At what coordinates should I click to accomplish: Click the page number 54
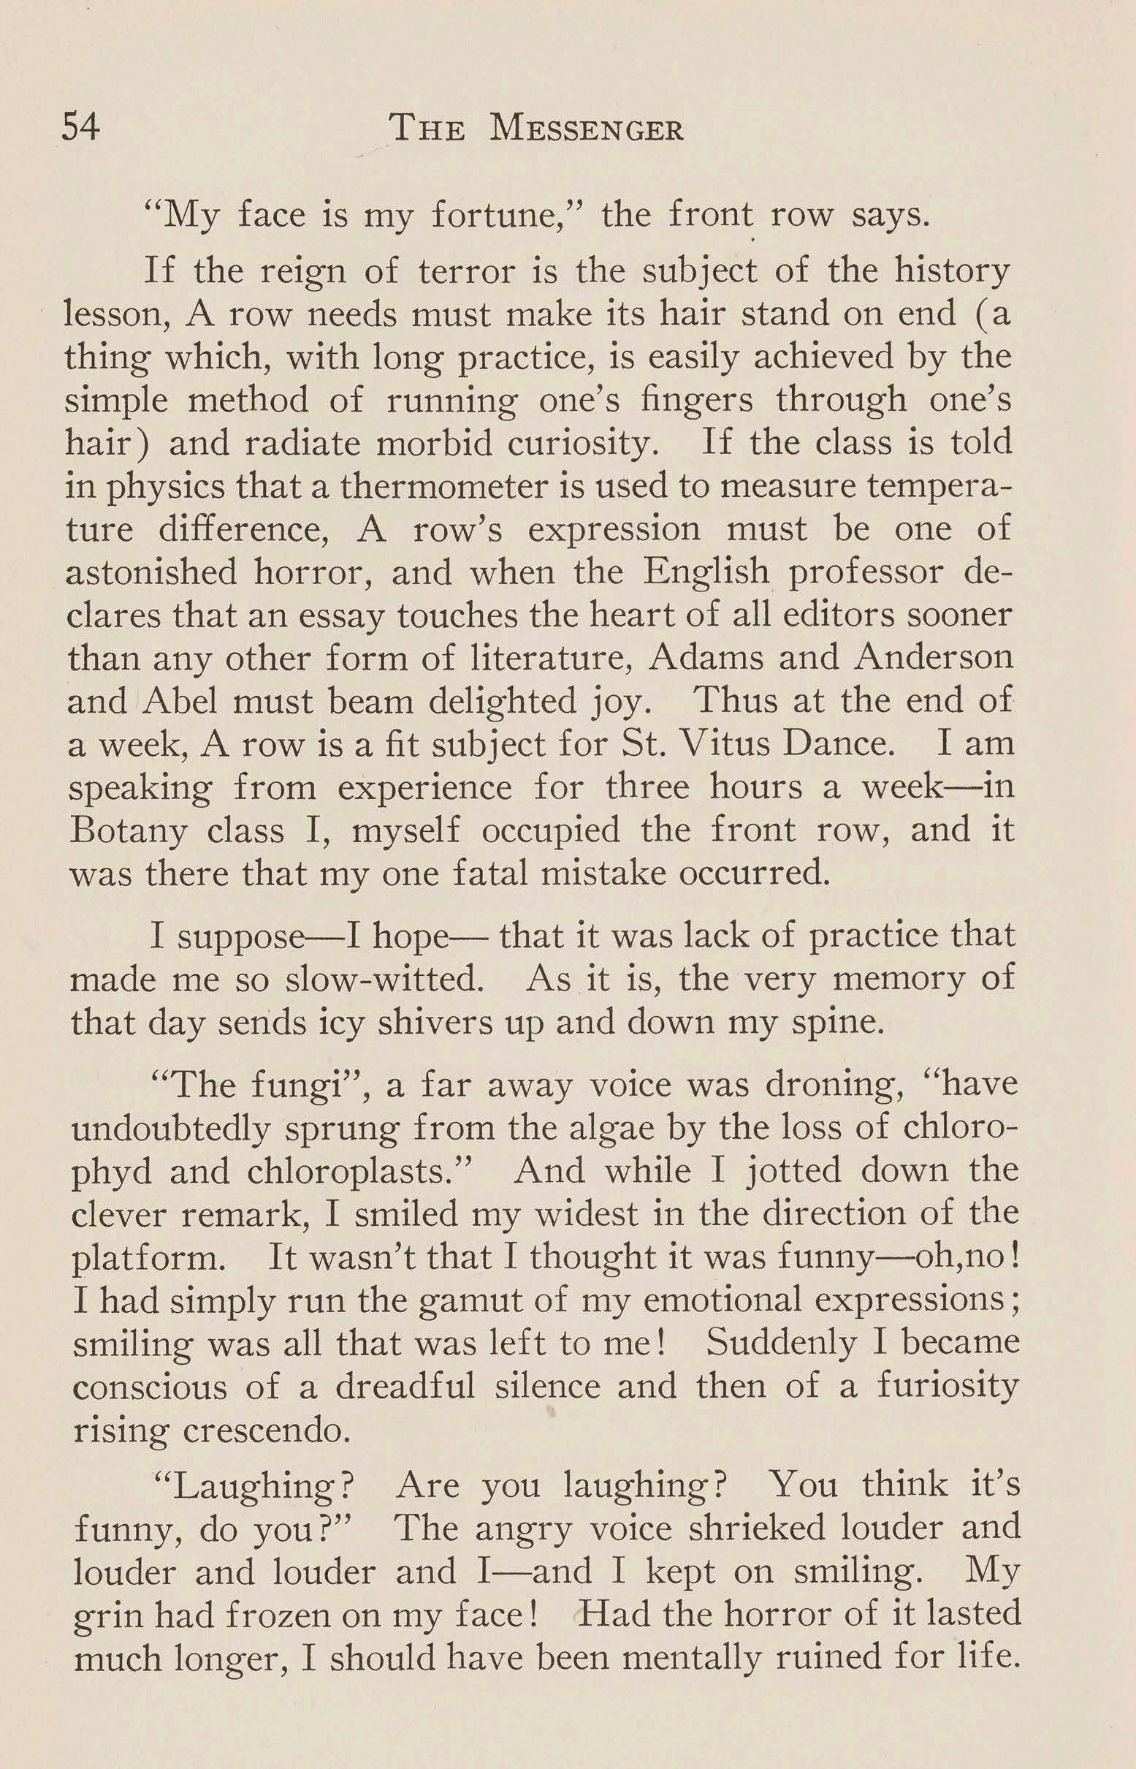[x=81, y=128]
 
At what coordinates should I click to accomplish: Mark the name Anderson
[x=933, y=658]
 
